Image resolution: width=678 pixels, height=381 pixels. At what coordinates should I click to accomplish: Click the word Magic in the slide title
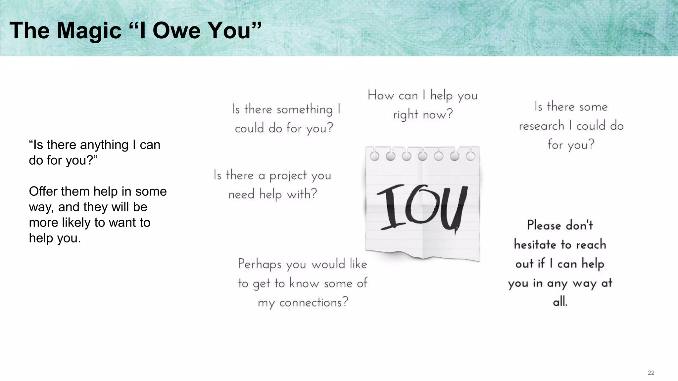coord(89,30)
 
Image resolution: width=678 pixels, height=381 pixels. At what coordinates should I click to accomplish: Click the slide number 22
coord(651,373)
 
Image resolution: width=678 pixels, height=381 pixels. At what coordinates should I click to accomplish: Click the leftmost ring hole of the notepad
coord(374,156)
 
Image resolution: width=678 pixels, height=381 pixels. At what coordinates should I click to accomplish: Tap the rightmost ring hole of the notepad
coord(470,156)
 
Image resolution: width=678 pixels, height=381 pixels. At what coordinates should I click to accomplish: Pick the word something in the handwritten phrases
coord(305,109)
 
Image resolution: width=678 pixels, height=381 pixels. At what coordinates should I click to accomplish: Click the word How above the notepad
coord(380,95)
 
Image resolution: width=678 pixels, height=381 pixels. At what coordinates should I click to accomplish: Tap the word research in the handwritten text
coord(541,126)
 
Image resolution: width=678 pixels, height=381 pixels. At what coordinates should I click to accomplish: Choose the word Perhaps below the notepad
coord(260,264)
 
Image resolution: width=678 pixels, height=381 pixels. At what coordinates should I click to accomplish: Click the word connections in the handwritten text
coord(314,302)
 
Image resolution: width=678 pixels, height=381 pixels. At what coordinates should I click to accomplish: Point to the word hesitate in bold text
coord(535,244)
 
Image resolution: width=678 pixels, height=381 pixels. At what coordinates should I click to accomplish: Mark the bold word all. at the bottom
coord(560,302)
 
